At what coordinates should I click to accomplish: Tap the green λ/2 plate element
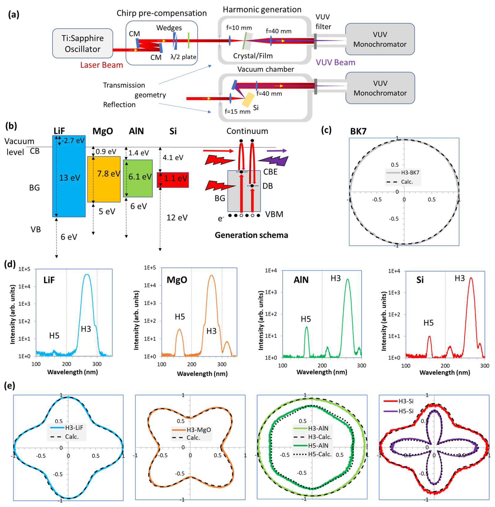click(188, 40)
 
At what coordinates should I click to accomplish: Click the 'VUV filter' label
click(323, 22)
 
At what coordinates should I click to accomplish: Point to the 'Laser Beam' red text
click(101, 65)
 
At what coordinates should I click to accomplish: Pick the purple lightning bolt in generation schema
click(274, 161)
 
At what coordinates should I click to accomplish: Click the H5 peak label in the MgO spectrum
click(180, 317)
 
